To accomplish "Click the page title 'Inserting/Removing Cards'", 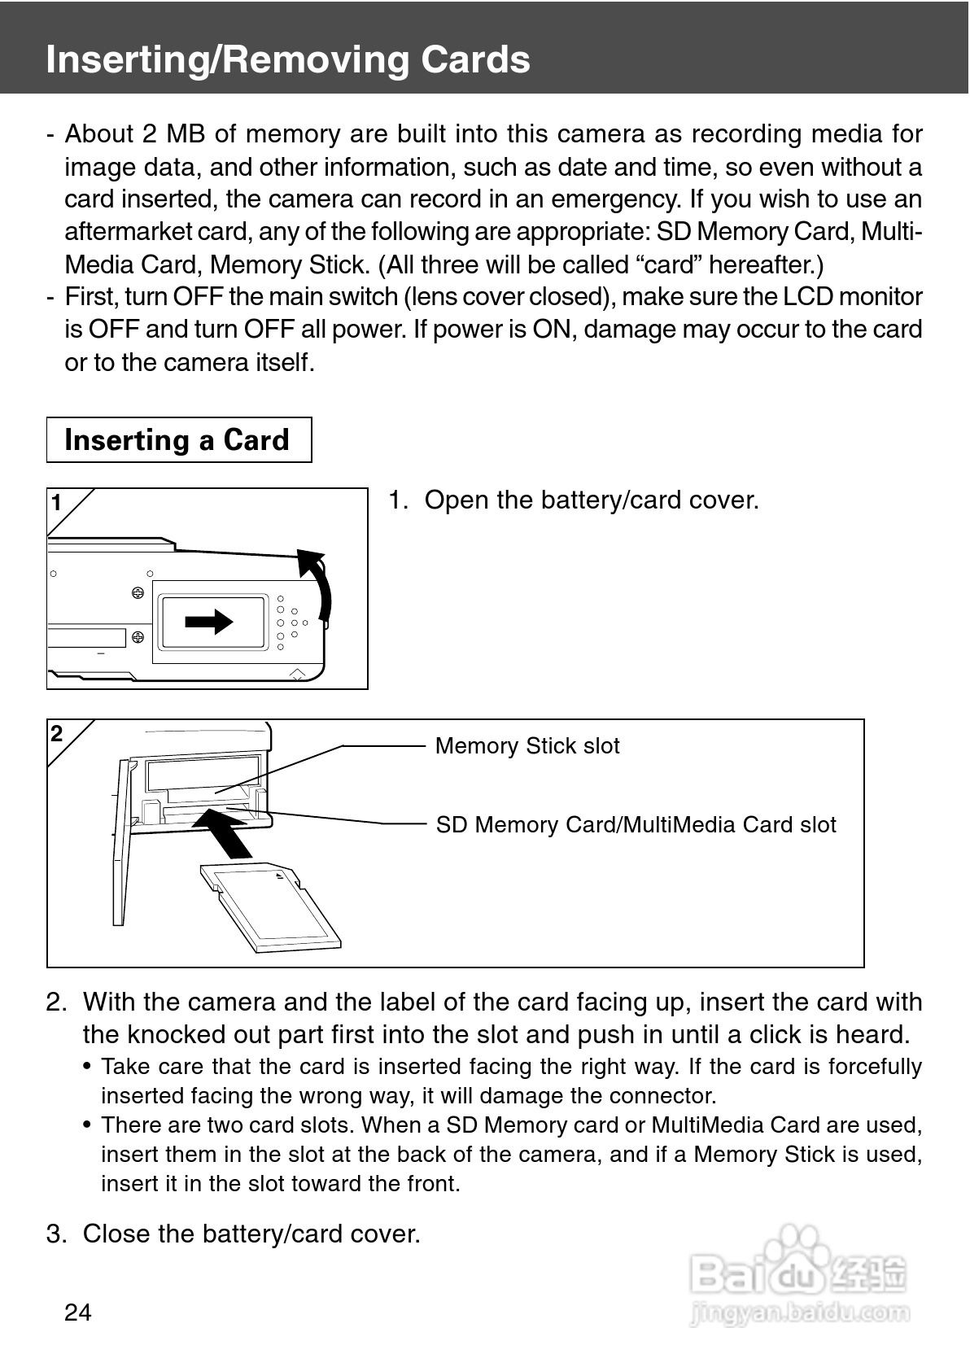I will [x=288, y=59].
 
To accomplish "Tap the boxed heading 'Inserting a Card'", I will [x=177, y=440].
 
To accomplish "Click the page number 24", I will [x=78, y=1312].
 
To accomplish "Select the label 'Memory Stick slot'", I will [x=527, y=746].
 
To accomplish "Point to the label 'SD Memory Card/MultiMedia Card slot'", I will [x=636, y=825].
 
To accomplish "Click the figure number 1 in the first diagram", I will [x=57, y=504].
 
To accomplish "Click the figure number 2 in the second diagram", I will [x=57, y=734].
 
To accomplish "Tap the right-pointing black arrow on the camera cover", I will [x=209, y=622].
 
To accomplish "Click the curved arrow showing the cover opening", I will [x=321, y=582].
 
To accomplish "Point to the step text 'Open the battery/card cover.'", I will [x=591, y=500].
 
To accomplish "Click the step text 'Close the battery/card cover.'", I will [x=251, y=1234].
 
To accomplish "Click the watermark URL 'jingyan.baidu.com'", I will [x=799, y=1312].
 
